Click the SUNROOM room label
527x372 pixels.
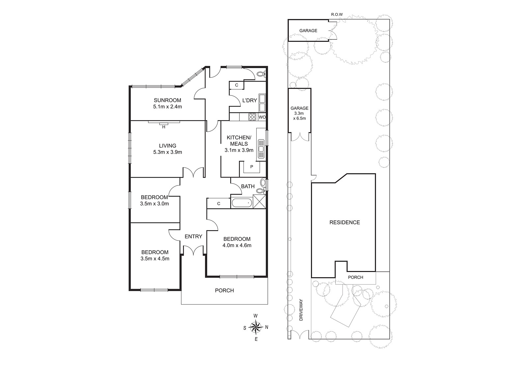(x=168, y=100)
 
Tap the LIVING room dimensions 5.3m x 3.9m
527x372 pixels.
(x=168, y=152)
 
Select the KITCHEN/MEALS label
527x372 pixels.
(x=239, y=140)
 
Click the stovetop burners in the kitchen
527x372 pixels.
(x=252, y=117)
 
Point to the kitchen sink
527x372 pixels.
(x=261, y=149)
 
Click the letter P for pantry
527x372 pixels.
(x=252, y=167)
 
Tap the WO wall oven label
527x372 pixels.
(x=262, y=117)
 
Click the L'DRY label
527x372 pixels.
(x=250, y=100)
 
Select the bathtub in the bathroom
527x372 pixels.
(x=242, y=203)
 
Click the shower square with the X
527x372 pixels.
(x=259, y=201)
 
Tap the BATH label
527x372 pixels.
(x=248, y=186)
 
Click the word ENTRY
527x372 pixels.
(x=193, y=236)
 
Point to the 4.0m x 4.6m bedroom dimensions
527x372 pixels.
(x=237, y=245)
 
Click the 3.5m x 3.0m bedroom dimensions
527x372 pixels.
(x=154, y=204)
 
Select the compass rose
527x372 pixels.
(x=256, y=327)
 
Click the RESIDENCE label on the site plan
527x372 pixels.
(x=345, y=222)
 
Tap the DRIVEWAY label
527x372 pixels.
(x=301, y=310)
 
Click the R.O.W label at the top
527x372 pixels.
(x=337, y=14)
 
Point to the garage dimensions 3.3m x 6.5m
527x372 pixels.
(x=299, y=116)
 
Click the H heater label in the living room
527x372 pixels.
(x=164, y=127)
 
